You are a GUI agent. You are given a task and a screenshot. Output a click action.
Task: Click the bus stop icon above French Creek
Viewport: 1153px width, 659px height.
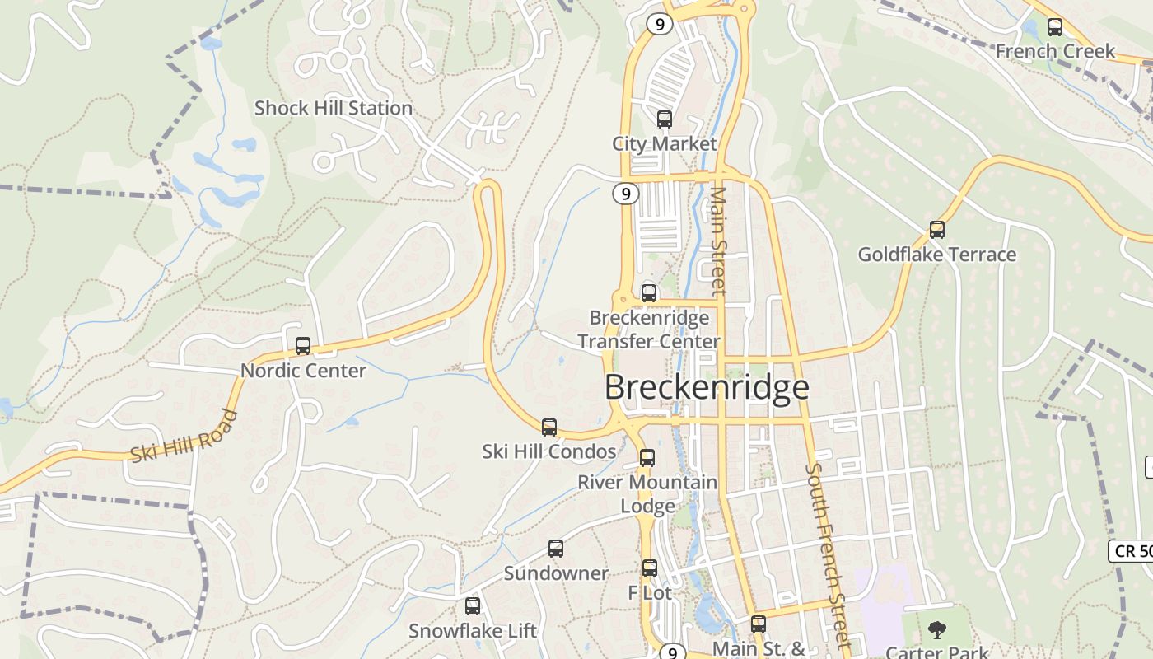[x=1054, y=27]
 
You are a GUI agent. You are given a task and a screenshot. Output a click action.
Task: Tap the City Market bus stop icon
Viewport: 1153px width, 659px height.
[x=664, y=119]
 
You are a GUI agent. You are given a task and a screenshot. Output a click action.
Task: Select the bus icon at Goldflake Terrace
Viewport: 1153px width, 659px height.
[x=936, y=230]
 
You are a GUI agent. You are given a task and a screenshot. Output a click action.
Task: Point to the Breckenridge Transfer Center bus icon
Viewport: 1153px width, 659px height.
[x=649, y=293]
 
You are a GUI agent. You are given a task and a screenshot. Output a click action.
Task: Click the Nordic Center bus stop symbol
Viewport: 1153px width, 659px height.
[x=303, y=346]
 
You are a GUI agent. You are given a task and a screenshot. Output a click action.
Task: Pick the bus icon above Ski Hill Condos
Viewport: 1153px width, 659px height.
[x=549, y=428]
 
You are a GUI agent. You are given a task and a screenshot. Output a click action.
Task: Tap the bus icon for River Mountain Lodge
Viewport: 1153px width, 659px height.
[x=647, y=458]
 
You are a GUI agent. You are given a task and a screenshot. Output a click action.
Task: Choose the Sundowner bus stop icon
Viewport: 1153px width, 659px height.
[x=556, y=549]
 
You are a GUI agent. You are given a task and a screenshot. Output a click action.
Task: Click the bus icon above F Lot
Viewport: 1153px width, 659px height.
[x=650, y=568]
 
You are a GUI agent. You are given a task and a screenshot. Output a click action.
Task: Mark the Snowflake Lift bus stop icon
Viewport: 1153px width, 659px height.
[x=473, y=606]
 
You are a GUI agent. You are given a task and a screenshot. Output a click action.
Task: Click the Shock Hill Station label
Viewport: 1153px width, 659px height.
[x=333, y=108]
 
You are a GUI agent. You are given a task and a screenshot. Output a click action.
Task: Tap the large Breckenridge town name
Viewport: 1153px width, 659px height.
[x=707, y=387]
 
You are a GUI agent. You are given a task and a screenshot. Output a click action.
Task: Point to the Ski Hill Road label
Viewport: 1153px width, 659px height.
[x=184, y=436]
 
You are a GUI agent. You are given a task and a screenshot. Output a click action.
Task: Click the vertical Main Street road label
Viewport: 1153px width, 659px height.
[x=718, y=241]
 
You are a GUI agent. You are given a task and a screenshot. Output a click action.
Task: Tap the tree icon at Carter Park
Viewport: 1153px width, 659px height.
[x=936, y=631]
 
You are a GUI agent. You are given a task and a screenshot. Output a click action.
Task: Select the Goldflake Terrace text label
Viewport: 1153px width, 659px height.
[x=936, y=255]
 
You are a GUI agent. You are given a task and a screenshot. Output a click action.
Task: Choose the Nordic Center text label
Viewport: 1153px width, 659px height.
[x=303, y=371]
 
